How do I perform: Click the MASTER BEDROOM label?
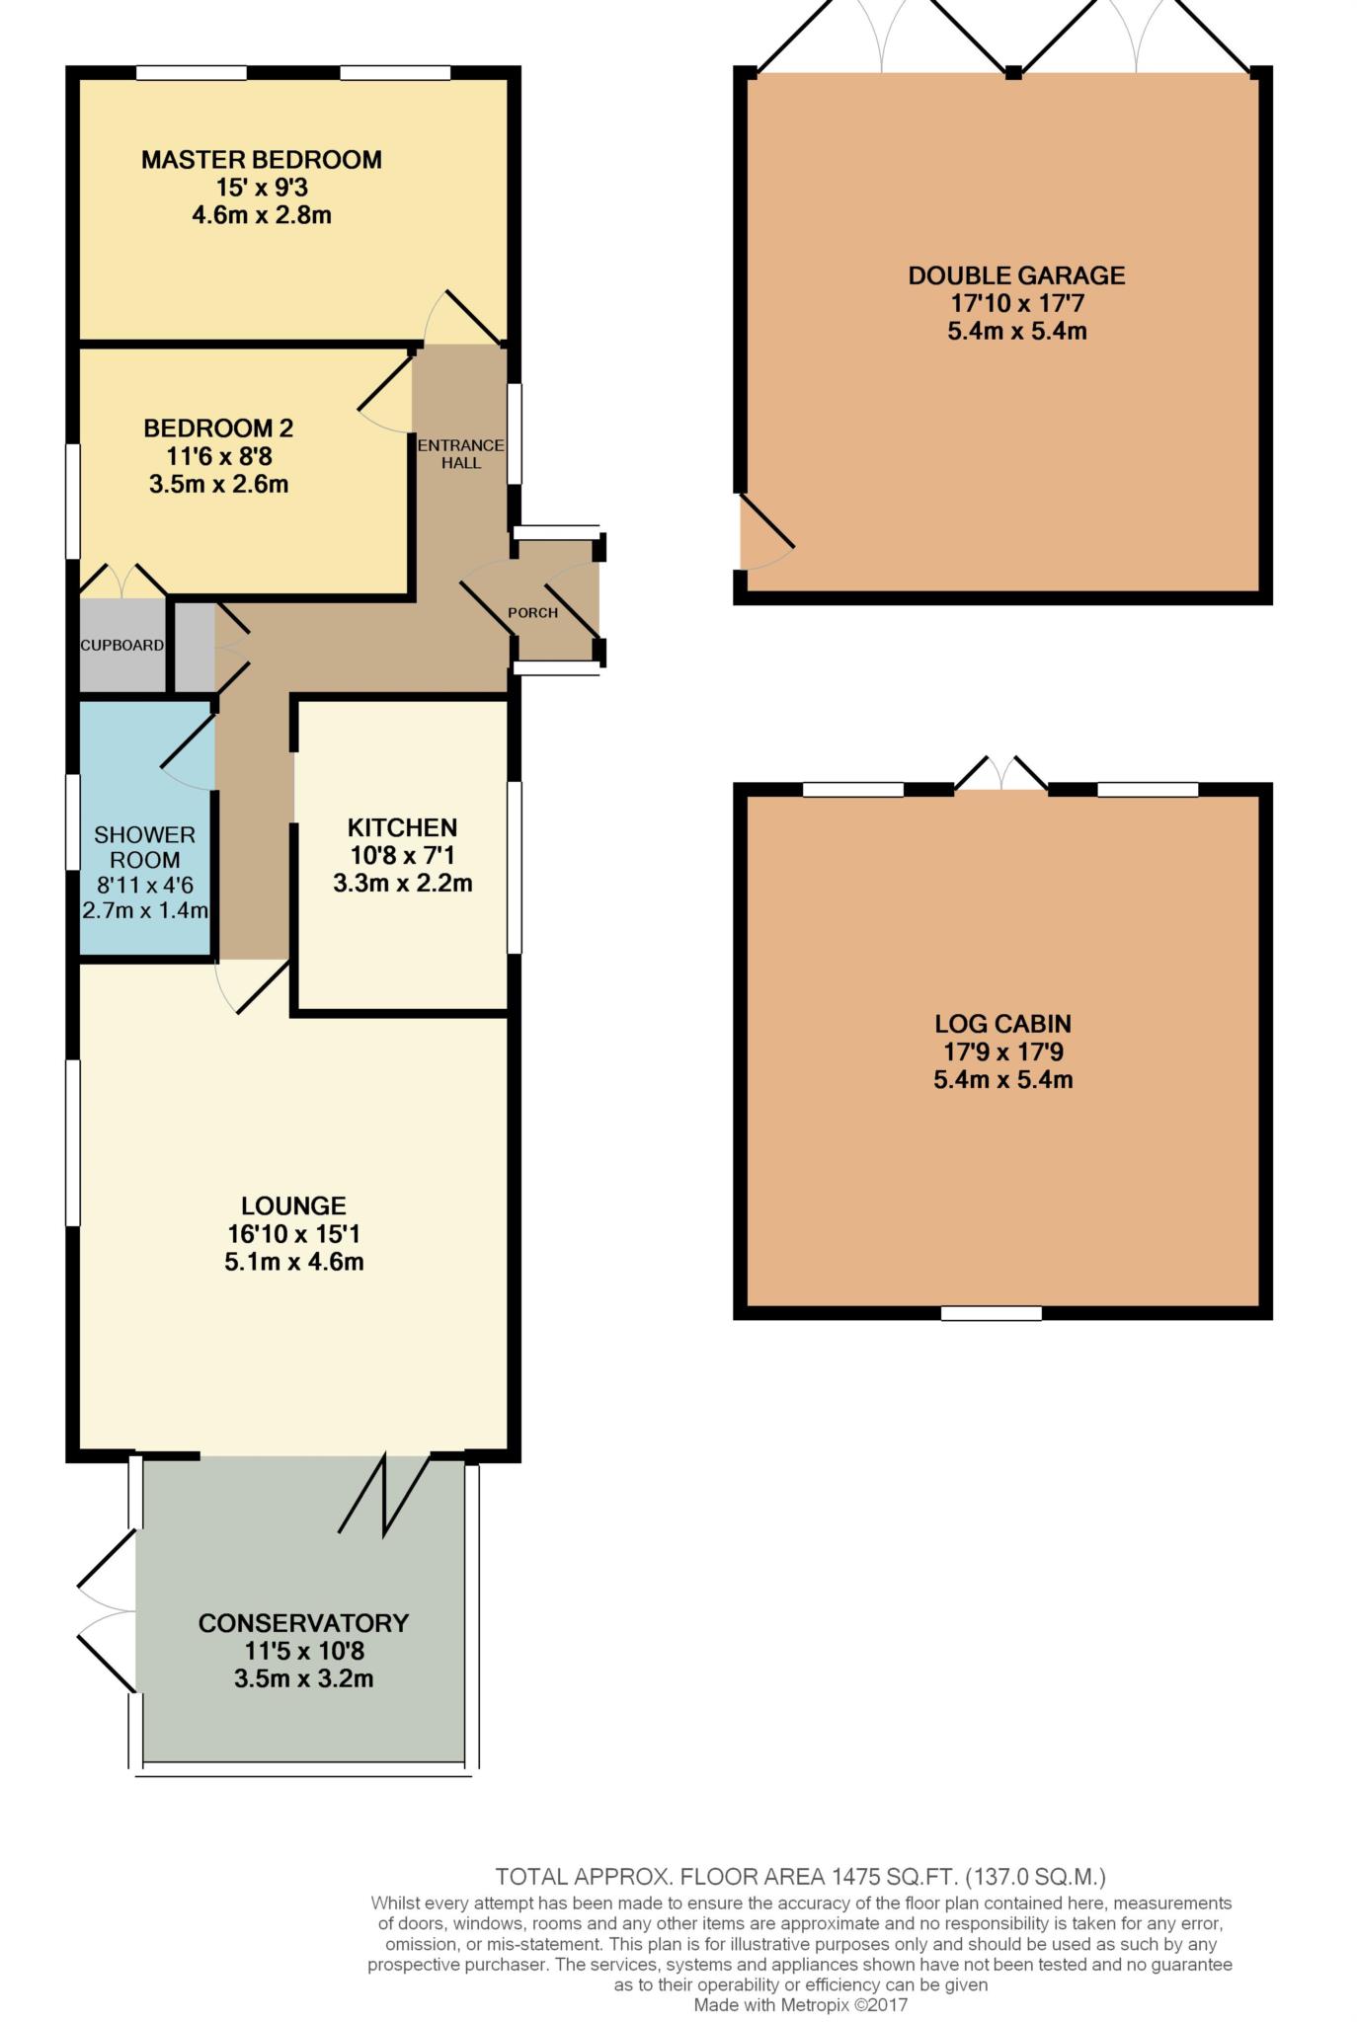(x=262, y=159)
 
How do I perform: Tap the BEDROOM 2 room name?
(x=218, y=428)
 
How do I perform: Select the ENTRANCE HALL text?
(x=460, y=453)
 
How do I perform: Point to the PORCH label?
(x=532, y=612)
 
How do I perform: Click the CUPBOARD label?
(x=122, y=645)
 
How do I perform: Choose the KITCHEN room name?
(x=402, y=827)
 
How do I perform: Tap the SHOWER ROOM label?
(x=144, y=847)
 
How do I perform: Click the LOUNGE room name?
(x=293, y=1205)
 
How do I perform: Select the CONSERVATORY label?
(x=303, y=1623)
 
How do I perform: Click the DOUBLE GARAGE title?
(x=1016, y=275)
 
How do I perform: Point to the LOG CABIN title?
(x=1002, y=1024)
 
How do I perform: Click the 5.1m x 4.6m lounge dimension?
(x=294, y=1262)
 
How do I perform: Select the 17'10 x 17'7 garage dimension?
(x=1017, y=303)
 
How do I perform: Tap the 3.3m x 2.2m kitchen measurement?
(x=403, y=884)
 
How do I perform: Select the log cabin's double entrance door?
(x=1001, y=773)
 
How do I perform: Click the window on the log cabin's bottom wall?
(x=992, y=1313)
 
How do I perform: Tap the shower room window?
(x=73, y=821)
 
